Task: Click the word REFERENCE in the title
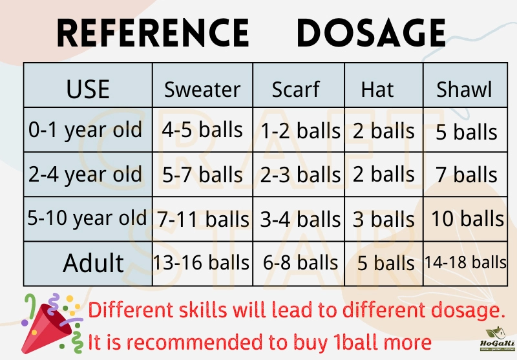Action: pos(153,33)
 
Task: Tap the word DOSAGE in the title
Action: pos(371,33)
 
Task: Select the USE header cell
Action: pos(88,85)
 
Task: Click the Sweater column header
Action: pos(202,85)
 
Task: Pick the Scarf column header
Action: pos(299,85)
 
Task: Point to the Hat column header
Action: pos(384,85)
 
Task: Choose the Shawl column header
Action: pos(465,85)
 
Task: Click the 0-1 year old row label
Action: pos(88,129)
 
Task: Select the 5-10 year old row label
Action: pos(88,219)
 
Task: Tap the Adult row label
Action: pos(88,264)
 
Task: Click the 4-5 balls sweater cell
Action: pos(202,129)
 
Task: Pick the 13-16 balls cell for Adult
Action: pos(202,264)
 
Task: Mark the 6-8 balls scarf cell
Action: pos(299,264)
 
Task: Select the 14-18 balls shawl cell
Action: pos(465,264)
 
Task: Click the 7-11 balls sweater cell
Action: pos(202,219)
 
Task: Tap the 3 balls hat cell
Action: pos(384,219)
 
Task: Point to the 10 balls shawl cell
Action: pos(465,219)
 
